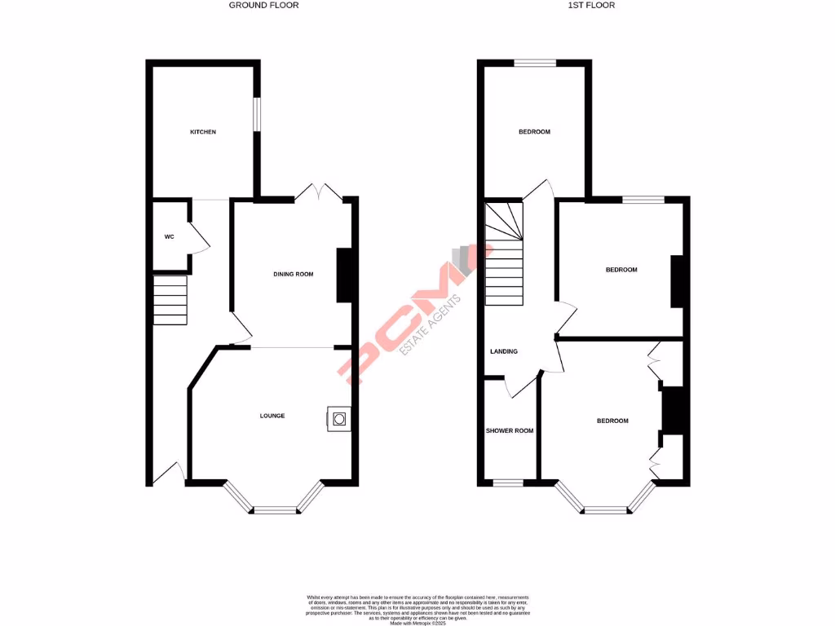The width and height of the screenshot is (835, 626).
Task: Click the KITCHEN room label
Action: pos(203,132)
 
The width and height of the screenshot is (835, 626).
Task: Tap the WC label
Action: pos(169,237)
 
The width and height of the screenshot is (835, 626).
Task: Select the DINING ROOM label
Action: pos(294,275)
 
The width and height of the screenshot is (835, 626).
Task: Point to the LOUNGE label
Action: pos(272,416)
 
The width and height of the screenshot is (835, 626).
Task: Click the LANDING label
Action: pos(503,351)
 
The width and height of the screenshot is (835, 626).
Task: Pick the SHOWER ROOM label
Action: pos(510,430)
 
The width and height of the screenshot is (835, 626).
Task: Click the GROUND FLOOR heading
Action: pos(263,5)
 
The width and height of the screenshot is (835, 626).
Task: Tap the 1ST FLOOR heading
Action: pos(591,5)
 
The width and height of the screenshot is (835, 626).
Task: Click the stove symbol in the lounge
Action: pos(339,419)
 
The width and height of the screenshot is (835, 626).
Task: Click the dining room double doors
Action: pos(319,193)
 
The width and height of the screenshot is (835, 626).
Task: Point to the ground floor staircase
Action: pos(170,300)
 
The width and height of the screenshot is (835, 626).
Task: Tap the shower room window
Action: pos(508,483)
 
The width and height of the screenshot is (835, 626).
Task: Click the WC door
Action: pos(198,237)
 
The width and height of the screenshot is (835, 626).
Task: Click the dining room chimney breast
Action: pos(343,275)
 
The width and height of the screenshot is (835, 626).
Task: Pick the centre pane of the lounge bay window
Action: pos(275,510)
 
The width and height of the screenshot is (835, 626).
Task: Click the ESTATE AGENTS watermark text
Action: pos(431,324)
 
